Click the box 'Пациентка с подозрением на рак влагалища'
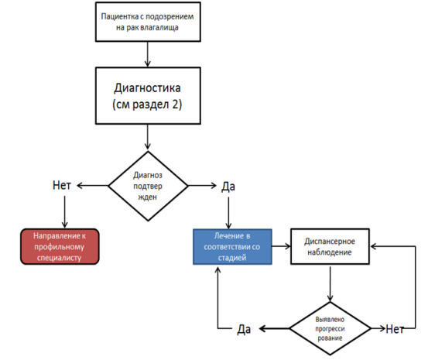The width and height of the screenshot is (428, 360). point(148,22)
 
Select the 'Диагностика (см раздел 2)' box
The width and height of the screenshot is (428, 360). point(148,96)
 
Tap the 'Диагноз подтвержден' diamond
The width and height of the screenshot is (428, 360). point(148,186)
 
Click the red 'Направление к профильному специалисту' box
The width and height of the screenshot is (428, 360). point(60,247)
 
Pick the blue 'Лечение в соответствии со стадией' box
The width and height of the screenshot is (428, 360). point(232,247)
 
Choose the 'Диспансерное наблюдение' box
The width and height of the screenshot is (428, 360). point(330,247)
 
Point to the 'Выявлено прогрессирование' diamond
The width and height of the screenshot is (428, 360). point(330,328)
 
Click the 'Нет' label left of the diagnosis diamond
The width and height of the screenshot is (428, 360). point(62,186)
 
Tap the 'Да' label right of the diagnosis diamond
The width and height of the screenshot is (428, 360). point(228,187)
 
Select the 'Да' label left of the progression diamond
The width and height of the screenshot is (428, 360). point(244,329)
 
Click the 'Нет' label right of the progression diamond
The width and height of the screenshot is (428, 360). point(395,329)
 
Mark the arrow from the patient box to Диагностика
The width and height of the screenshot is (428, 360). point(148,54)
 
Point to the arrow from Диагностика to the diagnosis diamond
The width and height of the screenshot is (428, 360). point(148,137)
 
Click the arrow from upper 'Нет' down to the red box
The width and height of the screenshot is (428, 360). point(65,212)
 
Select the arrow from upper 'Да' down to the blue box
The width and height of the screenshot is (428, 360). point(228,213)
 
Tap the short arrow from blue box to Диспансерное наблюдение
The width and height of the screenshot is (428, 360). point(281,246)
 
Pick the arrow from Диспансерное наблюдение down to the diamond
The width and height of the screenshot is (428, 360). point(330,284)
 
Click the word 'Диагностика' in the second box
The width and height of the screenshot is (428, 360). point(147,88)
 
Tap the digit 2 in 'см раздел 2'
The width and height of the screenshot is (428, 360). point(175,104)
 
